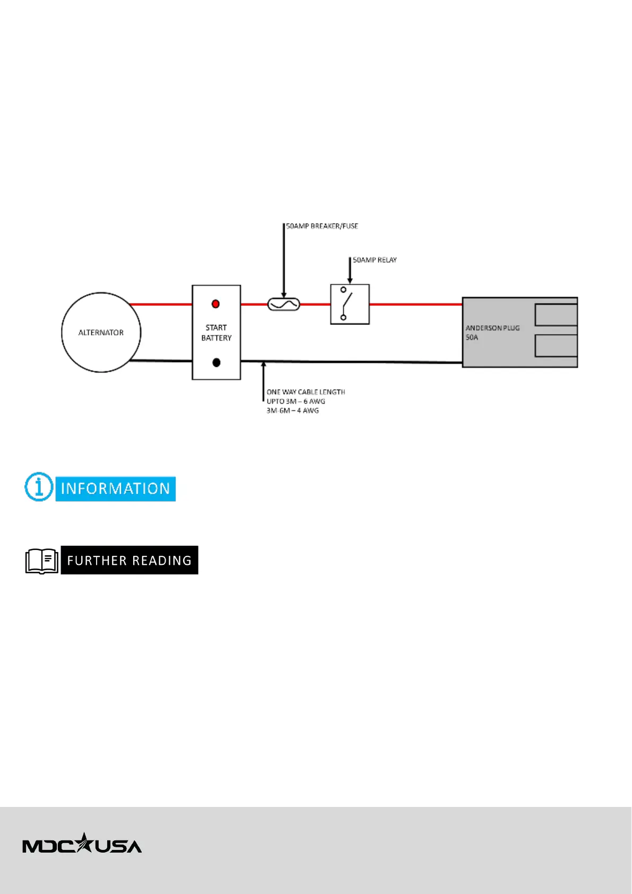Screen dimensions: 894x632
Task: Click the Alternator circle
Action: click(101, 332)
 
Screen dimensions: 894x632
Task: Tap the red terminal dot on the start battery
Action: click(215, 304)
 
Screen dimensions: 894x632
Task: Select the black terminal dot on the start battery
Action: click(216, 363)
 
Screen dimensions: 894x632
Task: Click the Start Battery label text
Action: click(216, 333)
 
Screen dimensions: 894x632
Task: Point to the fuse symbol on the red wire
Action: click(284, 305)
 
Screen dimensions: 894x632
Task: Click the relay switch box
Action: click(350, 304)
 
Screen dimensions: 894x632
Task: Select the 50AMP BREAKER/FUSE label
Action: click(322, 226)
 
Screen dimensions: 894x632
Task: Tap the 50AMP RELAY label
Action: click(375, 260)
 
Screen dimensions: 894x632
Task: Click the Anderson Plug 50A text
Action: click(492, 332)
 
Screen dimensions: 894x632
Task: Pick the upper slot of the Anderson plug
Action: click(556, 315)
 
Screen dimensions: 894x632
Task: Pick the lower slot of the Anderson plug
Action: click(556, 346)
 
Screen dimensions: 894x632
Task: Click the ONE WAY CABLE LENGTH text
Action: click(306, 392)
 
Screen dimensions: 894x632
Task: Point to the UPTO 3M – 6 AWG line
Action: click(296, 401)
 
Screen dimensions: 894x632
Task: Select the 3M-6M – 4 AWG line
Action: click(292, 411)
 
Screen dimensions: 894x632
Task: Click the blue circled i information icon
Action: click(39, 487)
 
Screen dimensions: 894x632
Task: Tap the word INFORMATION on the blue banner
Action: click(115, 489)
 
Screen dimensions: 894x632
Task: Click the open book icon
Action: click(42, 561)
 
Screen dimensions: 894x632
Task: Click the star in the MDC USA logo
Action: click(83, 843)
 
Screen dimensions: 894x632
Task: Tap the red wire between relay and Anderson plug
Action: click(415, 305)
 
